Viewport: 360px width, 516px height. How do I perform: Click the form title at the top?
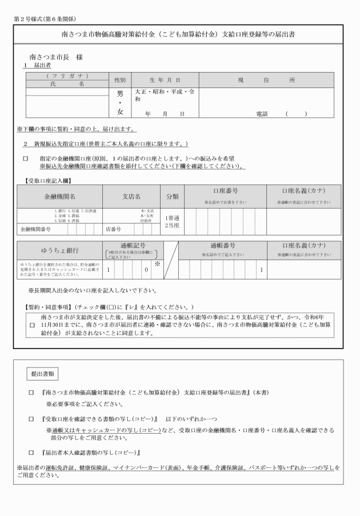[179, 34]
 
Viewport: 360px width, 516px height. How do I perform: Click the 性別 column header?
[120, 80]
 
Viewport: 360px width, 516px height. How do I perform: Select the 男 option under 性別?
[120, 94]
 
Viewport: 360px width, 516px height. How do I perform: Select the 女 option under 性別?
[120, 112]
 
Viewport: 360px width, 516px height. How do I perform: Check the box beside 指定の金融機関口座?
[25, 158]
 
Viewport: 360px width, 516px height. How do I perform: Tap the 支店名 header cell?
[131, 196]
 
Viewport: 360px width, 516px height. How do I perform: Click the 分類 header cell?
[172, 196]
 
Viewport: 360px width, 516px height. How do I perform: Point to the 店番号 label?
[113, 230]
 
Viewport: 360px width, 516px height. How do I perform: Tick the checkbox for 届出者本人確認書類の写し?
[32, 452]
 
